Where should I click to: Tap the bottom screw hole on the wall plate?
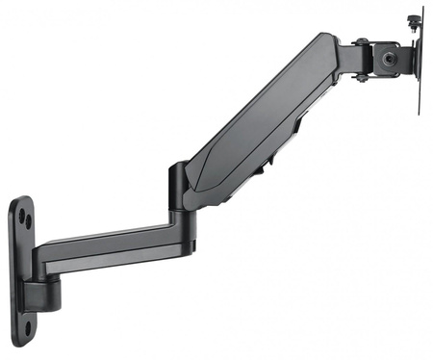27,326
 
